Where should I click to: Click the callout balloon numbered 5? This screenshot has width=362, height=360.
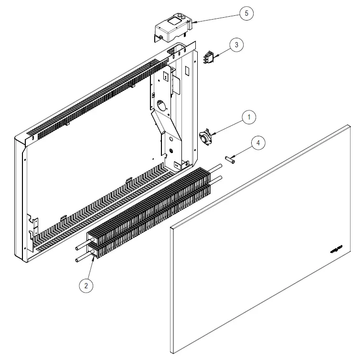coord(246,13)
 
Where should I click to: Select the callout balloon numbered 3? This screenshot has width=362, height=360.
coord(236,45)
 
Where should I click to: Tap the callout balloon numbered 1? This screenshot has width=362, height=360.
coord(248,117)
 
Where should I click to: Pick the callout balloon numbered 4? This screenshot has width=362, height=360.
coord(258,142)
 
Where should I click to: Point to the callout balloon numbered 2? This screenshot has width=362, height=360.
coord(86,285)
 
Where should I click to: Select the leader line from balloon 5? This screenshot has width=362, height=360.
coord(215,18)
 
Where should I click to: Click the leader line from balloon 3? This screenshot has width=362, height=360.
coord(223,52)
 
